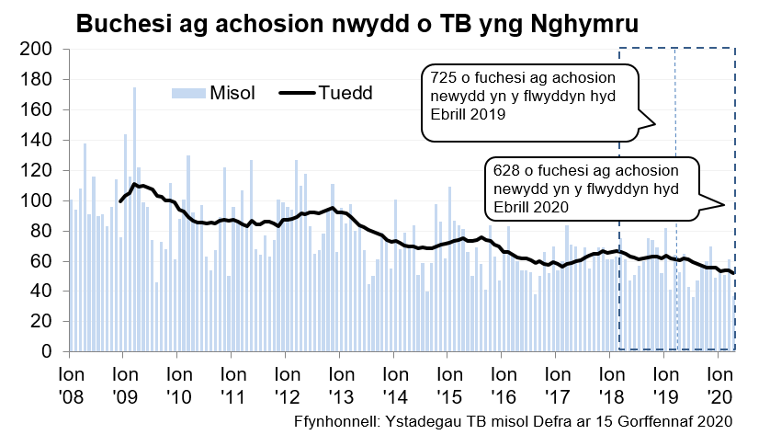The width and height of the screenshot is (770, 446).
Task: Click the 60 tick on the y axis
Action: coord(40,261)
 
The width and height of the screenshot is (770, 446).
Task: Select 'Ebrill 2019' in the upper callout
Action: coord(469,114)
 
